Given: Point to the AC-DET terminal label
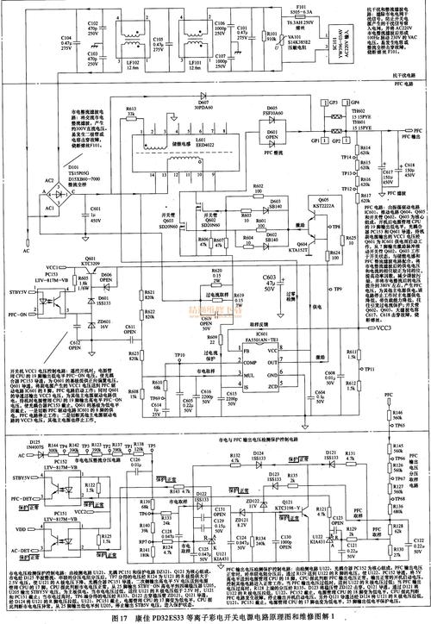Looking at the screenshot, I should click(x=16, y=550).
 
